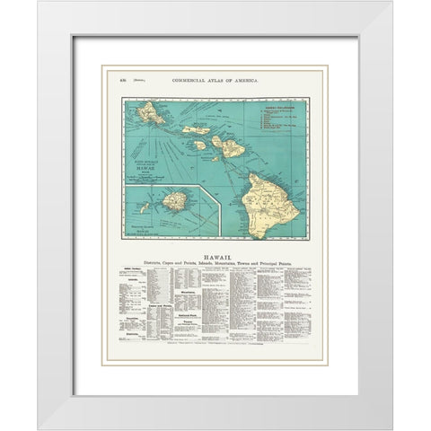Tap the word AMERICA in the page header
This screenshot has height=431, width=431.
coord(243,82)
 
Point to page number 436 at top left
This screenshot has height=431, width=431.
coord(123,82)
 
